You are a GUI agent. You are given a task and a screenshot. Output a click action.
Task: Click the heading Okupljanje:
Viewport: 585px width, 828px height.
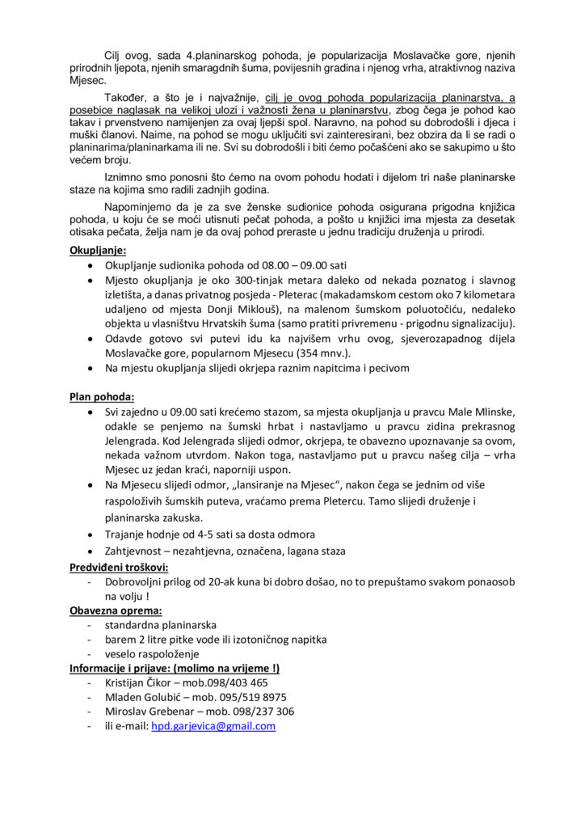tap(97, 251)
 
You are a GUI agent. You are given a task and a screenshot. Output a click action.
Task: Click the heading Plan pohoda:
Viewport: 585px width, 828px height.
tap(101, 397)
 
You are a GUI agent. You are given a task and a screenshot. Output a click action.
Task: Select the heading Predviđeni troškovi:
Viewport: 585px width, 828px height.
tap(119, 568)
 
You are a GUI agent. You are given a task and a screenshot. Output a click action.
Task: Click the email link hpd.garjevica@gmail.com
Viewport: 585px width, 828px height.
tap(213, 726)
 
